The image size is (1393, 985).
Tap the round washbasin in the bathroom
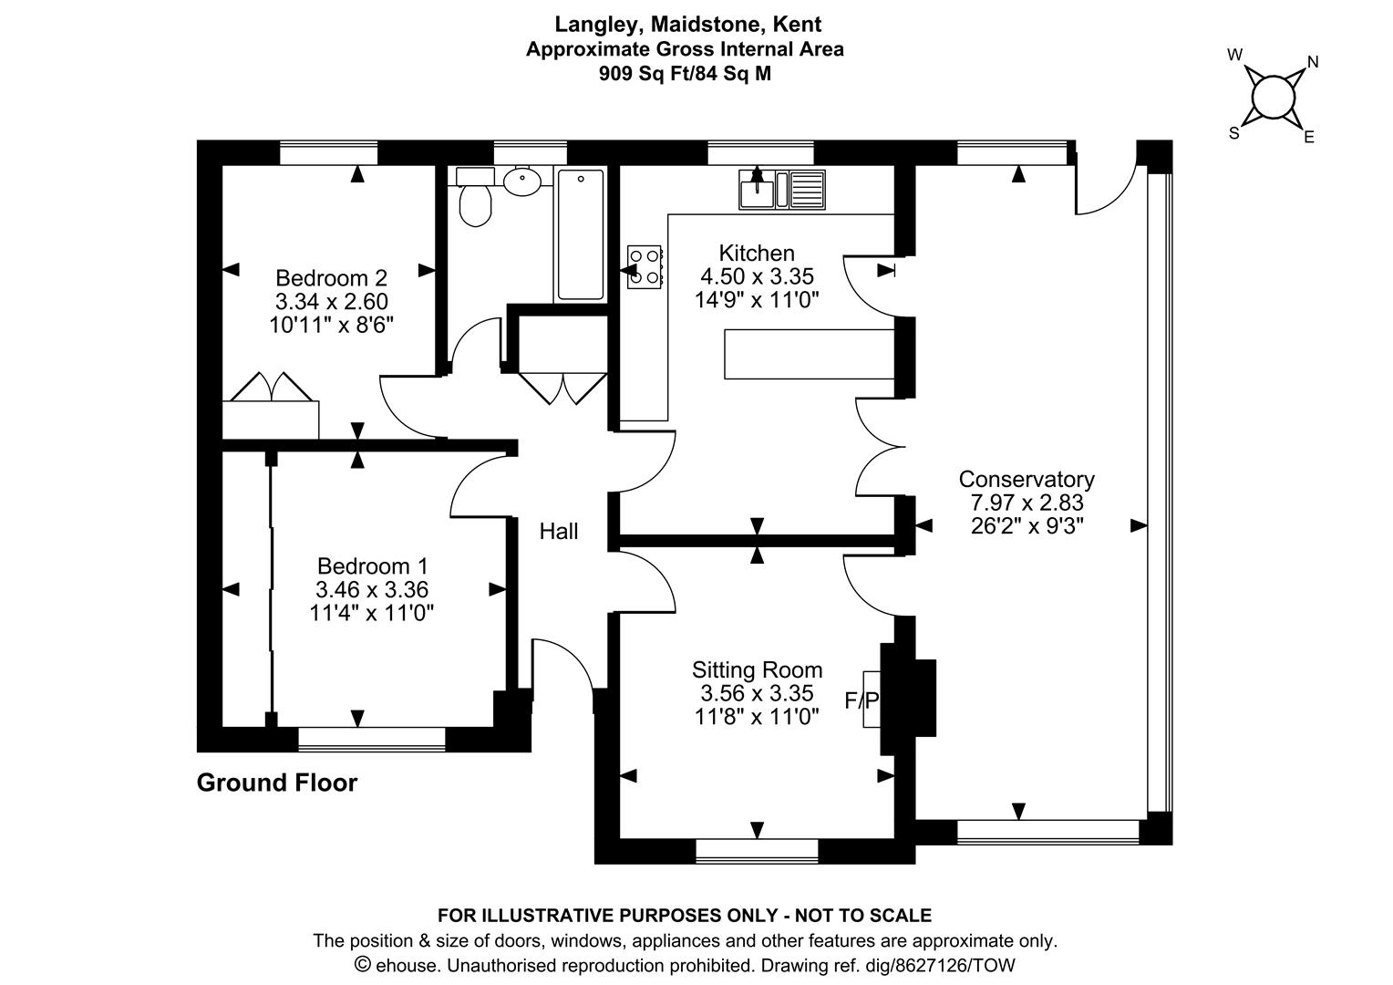point(521,181)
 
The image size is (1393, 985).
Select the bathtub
point(580,234)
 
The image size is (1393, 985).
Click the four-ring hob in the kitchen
point(645,267)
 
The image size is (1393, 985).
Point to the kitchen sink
point(781,189)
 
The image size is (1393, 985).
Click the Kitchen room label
point(757,254)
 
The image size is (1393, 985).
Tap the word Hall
point(559,531)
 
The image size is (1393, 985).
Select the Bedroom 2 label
point(332,277)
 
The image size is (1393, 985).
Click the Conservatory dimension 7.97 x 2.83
point(1027,503)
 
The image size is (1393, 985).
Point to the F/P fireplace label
point(862,700)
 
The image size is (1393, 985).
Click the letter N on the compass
point(1313,62)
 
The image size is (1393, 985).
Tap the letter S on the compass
point(1233,133)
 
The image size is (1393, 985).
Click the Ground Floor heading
point(277,783)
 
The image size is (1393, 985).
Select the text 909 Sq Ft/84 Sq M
point(685,74)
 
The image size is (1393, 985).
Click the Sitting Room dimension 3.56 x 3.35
point(757,692)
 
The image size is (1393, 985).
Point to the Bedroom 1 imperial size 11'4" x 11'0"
point(371,614)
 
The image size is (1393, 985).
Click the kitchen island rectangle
point(809,354)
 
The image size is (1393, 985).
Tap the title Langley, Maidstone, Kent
point(687,25)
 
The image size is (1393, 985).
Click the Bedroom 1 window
point(372,739)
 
